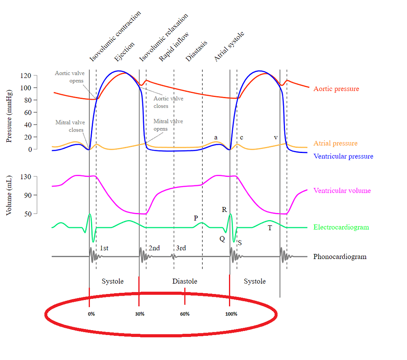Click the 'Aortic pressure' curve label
pos(336,89)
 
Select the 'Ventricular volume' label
pos(342,190)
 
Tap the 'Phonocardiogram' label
pos(339,256)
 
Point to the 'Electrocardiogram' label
pos(341,227)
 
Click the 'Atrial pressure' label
pos(335,143)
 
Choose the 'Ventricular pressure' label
pos(343,156)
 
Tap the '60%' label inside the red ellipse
pos(184,314)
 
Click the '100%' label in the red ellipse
pos(231,314)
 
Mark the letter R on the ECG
pos(224,209)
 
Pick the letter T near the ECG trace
pos(270,228)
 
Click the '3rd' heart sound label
pos(181,248)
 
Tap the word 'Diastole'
pos(184,281)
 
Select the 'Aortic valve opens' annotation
pos(70,77)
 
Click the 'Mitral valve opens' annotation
pos(168,125)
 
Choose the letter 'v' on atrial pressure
pos(275,137)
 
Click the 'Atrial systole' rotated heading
pos(229,47)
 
